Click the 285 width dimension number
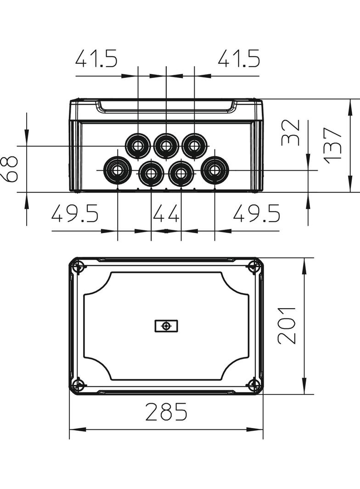click(166, 411)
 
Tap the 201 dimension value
click(287, 326)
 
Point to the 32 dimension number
click(290, 133)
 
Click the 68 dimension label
click(9, 169)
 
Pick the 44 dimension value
click(166, 213)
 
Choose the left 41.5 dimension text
click(96, 58)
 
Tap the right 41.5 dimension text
click(239, 58)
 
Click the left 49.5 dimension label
click(75, 213)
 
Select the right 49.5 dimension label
click(257, 213)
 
